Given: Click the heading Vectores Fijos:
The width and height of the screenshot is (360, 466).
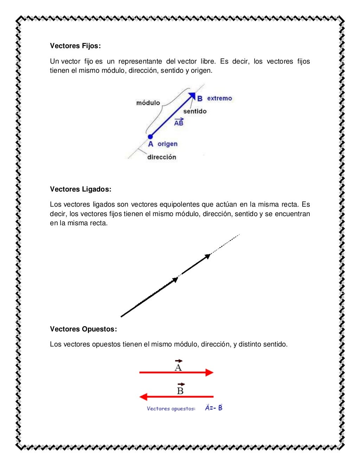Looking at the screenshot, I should [75, 46].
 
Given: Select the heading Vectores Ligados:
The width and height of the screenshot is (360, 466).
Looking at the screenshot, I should [81, 189].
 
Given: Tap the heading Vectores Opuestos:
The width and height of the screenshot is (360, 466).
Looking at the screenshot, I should [83, 329].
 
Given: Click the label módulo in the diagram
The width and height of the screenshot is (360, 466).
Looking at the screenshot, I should [148, 103].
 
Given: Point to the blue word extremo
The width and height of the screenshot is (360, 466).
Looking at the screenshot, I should [220, 98].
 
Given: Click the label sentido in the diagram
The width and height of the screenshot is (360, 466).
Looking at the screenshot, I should [195, 111].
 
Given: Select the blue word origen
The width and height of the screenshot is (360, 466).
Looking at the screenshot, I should [167, 144].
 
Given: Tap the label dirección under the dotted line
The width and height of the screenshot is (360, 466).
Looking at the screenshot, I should [161, 157].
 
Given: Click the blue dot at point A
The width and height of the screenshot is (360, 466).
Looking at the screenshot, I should [150, 136].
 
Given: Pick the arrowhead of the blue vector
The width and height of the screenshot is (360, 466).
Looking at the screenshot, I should [192, 95].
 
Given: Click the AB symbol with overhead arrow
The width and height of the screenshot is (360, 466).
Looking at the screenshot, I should [179, 122].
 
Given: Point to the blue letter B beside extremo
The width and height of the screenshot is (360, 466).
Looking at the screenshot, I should [200, 99].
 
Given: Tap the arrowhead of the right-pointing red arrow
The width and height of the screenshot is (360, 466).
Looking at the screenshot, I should [210, 373].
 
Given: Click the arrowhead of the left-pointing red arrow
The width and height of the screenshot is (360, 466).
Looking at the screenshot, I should [143, 397].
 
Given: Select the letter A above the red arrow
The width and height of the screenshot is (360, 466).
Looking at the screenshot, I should [178, 367].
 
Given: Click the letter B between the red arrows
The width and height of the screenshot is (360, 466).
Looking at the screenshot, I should [180, 390].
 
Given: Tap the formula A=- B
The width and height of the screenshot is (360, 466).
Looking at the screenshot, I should [214, 408].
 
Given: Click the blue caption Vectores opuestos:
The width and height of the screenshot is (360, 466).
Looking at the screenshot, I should [171, 409].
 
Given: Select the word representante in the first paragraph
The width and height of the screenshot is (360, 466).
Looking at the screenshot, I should [140, 62].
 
